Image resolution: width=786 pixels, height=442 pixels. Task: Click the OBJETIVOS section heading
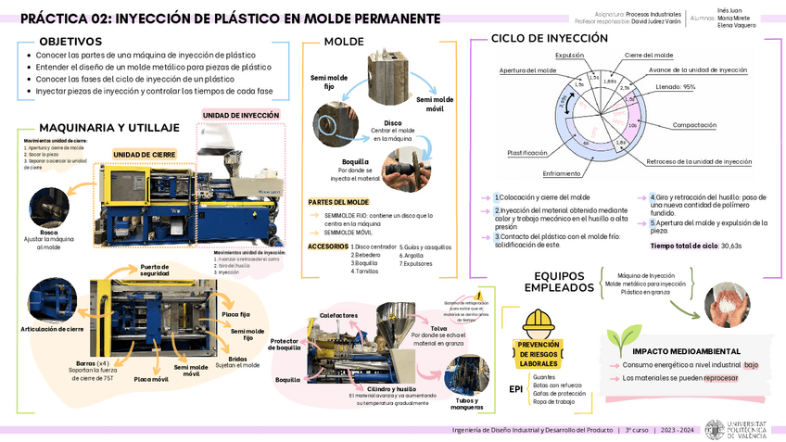[70, 42]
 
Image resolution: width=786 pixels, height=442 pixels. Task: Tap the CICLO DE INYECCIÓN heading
[549, 39]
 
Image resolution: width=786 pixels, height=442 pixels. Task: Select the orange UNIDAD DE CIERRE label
[145, 154]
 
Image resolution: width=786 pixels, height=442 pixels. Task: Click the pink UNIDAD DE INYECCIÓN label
[240, 115]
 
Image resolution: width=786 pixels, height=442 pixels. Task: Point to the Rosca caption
[49, 233]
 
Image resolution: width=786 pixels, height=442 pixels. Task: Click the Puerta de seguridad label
[154, 270]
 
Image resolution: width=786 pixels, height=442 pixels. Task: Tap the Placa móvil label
[151, 379]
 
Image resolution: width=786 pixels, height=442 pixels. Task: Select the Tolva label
[439, 328]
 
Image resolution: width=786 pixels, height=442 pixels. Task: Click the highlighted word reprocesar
[722, 378]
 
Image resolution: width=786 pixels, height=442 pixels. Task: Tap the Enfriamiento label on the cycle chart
[562, 173]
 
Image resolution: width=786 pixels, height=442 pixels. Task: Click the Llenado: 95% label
[675, 86]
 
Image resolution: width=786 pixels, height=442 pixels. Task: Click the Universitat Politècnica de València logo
[736, 429]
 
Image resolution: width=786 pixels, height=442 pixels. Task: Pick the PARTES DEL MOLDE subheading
[339, 201]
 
